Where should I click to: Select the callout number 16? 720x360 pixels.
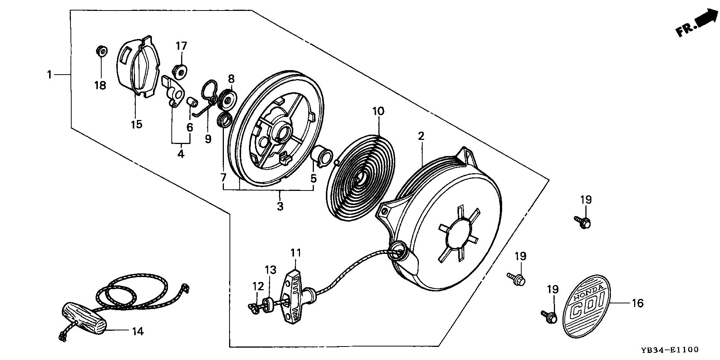638,303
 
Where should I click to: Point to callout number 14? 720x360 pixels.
138,331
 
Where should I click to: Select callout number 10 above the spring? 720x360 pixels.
378,111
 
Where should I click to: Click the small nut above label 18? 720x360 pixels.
100,49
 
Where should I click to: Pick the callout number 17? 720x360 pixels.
181,46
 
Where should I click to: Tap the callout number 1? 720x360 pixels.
49,75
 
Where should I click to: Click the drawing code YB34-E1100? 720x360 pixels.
669,349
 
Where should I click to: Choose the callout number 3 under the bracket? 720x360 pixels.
280,206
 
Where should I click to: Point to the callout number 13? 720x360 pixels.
270,270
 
